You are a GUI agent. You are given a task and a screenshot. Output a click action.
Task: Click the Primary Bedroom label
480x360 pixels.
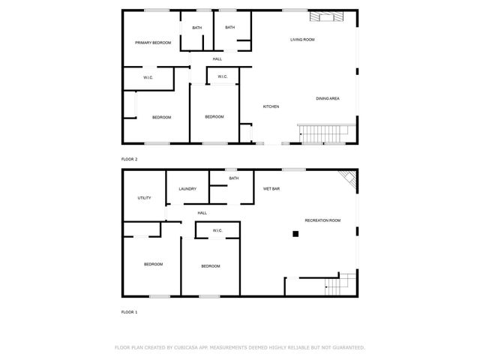coord(153,43)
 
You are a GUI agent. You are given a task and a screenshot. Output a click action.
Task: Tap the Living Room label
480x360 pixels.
coord(302,39)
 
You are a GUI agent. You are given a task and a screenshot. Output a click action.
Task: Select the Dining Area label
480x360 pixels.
coord(328,98)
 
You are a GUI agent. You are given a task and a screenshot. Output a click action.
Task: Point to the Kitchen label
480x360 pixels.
coord(271,106)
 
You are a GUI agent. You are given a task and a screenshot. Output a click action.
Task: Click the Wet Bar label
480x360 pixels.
coord(271,189)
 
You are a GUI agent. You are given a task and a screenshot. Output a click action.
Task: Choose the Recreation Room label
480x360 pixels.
coord(322,220)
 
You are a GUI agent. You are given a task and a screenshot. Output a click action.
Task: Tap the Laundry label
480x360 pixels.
coord(187,189)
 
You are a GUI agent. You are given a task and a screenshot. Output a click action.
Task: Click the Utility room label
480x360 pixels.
coord(144,198)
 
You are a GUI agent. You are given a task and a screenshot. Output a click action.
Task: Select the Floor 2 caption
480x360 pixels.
coord(130,159)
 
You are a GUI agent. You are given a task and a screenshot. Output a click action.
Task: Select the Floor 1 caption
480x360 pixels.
coord(130,310)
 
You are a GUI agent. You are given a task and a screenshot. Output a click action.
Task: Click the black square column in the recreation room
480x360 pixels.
coord(295,234)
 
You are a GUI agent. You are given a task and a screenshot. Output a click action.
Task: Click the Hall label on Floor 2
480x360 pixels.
coord(217,59)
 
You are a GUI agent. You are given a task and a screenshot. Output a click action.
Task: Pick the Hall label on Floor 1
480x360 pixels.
coord(202,213)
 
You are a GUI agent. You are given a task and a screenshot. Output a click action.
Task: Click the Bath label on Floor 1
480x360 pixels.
coord(234,178)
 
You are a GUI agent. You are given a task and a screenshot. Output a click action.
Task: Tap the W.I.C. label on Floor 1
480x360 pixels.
coord(217,230)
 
